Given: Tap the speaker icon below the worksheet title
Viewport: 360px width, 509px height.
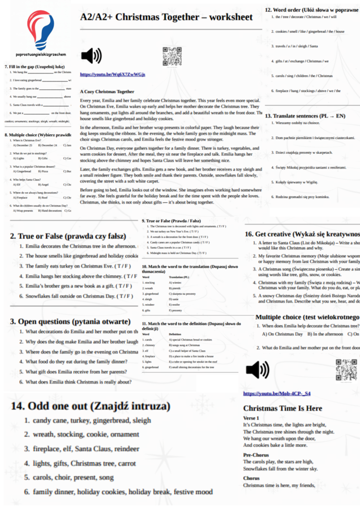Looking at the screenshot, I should (x=91, y=56).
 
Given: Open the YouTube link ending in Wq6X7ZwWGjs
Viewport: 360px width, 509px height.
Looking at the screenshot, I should (x=112, y=75).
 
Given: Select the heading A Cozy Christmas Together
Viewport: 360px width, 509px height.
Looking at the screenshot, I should (x=107, y=91).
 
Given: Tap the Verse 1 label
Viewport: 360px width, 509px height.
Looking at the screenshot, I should (x=251, y=417).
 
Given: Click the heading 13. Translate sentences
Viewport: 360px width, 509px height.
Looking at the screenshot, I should (x=305, y=116).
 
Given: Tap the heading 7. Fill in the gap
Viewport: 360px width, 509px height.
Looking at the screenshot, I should (x=37, y=66).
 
